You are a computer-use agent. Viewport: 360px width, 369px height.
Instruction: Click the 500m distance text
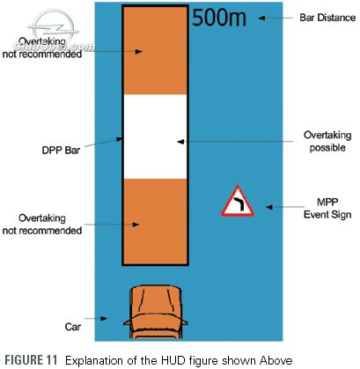(x=219, y=18)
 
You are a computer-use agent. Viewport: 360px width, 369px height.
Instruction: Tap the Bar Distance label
(x=327, y=18)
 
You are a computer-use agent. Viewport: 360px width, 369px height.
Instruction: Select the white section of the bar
(x=155, y=137)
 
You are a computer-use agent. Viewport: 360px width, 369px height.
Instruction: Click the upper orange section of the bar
(x=155, y=50)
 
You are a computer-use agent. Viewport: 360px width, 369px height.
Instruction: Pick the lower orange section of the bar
(x=155, y=221)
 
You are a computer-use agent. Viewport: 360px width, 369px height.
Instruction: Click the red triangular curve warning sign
(x=238, y=202)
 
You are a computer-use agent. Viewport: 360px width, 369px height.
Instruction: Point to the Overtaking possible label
(x=327, y=141)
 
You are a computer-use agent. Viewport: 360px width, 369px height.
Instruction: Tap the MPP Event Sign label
(x=327, y=208)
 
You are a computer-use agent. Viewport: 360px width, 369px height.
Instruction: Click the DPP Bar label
(x=61, y=151)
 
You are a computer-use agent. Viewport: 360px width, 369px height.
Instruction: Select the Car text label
(x=73, y=327)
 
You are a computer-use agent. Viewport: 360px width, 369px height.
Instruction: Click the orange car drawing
(x=156, y=312)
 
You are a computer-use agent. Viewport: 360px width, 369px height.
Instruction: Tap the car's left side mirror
(x=127, y=322)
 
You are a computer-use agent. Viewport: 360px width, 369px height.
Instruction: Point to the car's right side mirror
(x=184, y=322)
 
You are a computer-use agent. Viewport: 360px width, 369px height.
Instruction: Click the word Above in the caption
(x=276, y=360)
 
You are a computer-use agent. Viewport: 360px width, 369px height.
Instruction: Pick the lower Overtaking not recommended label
(x=42, y=225)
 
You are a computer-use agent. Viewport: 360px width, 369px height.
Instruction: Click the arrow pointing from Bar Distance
(x=276, y=18)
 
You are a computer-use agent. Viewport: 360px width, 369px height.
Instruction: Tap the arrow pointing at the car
(x=96, y=318)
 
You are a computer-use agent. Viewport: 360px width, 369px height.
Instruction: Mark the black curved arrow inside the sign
(x=239, y=203)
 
